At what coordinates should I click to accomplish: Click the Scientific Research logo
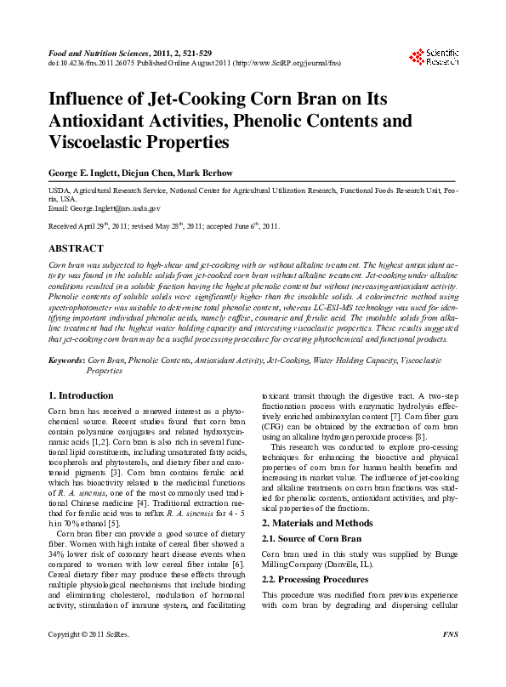click(x=434, y=57)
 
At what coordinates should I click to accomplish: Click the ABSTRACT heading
click(x=76, y=248)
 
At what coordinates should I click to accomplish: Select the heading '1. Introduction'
click(x=81, y=395)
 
